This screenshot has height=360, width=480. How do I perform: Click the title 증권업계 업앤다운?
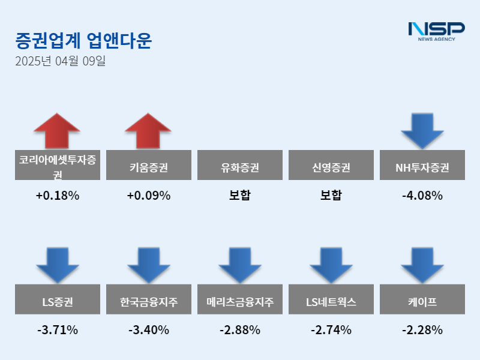pos(83,40)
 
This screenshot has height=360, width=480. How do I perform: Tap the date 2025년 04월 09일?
pos(60,61)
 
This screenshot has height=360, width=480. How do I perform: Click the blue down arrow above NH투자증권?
pos(422,130)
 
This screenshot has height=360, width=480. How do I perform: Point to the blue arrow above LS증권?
pos(57,265)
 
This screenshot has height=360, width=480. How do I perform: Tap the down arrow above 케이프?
pos(422,265)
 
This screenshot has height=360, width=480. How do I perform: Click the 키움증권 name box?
pos(148,165)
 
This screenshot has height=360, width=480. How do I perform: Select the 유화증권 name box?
pos(240,165)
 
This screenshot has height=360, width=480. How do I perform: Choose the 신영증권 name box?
pos(331,165)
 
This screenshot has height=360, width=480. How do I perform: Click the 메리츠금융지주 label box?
pos(240,299)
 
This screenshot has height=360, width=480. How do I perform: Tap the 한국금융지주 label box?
pos(148,299)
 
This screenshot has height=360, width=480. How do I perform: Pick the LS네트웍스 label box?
pos(331,299)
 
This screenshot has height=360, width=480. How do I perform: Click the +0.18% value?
pos(57,196)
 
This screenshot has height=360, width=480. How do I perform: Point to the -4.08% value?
pos(422,196)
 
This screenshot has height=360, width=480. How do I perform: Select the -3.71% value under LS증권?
pos(57,330)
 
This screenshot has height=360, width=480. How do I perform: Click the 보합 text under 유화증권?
pos(240,196)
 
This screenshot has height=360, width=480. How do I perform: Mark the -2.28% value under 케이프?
pos(422,330)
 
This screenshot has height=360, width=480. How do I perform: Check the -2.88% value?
pos(240,330)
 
